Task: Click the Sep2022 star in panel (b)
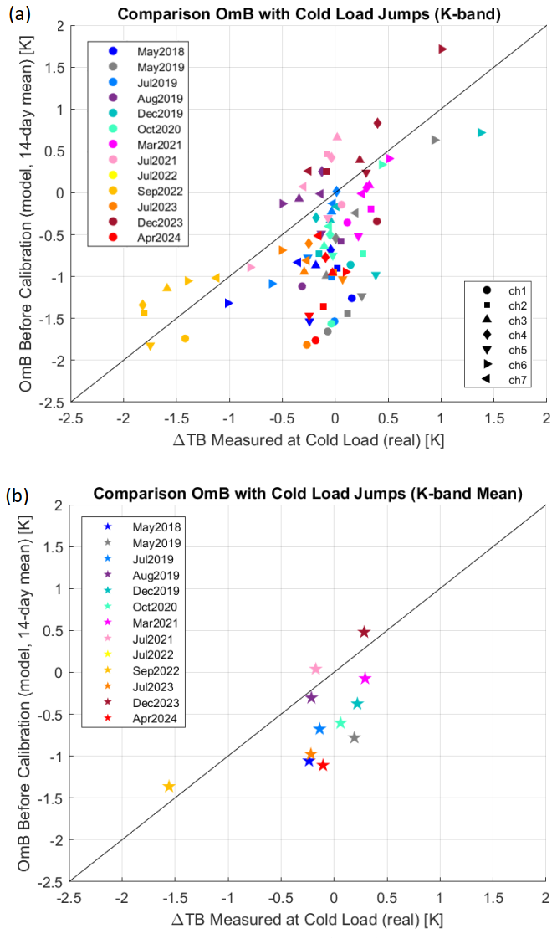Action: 169,786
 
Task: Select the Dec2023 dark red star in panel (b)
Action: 364,632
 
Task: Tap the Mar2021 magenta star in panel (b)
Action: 365,678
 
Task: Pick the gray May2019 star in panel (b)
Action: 355,737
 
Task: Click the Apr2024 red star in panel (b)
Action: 323,765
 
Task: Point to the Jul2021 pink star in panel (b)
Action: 315,669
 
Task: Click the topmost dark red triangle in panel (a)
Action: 442,49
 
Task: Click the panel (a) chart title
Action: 308,14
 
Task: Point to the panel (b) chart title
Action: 307,494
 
